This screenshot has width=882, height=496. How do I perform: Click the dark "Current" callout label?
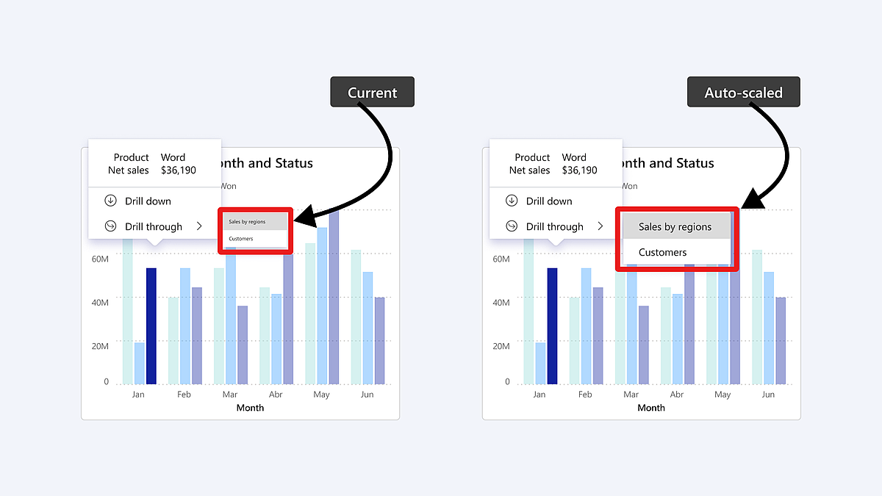(372, 93)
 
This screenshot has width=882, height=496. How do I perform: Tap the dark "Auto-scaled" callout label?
(743, 93)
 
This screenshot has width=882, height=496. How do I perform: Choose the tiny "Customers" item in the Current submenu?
(241, 239)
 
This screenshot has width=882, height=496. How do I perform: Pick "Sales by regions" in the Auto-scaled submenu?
(675, 227)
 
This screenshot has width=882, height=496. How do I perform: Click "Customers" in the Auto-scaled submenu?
(662, 252)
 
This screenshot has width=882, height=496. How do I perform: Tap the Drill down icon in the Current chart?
(111, 201)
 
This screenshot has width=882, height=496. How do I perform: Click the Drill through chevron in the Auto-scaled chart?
(600, 226)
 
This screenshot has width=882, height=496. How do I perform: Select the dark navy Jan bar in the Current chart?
(151, 326)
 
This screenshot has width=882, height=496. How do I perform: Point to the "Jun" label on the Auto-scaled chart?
(768, 395)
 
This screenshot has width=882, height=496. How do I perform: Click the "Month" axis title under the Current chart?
(250, 408)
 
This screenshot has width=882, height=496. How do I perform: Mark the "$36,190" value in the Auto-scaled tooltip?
(580, 170)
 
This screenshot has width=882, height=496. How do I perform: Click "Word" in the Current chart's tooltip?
(173, 157)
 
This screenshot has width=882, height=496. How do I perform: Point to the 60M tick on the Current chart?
(100, 259)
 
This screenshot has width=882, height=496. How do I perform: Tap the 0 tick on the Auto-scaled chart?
(507, 382)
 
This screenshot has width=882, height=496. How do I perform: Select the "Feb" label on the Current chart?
(184, 395)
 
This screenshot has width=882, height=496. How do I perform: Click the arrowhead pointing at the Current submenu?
(304, 218)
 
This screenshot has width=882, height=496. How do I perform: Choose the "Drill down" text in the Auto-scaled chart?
(549, 201)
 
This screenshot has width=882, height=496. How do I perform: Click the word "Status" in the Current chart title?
(293, 163)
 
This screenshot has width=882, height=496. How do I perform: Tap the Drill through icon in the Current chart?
(111, 226)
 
